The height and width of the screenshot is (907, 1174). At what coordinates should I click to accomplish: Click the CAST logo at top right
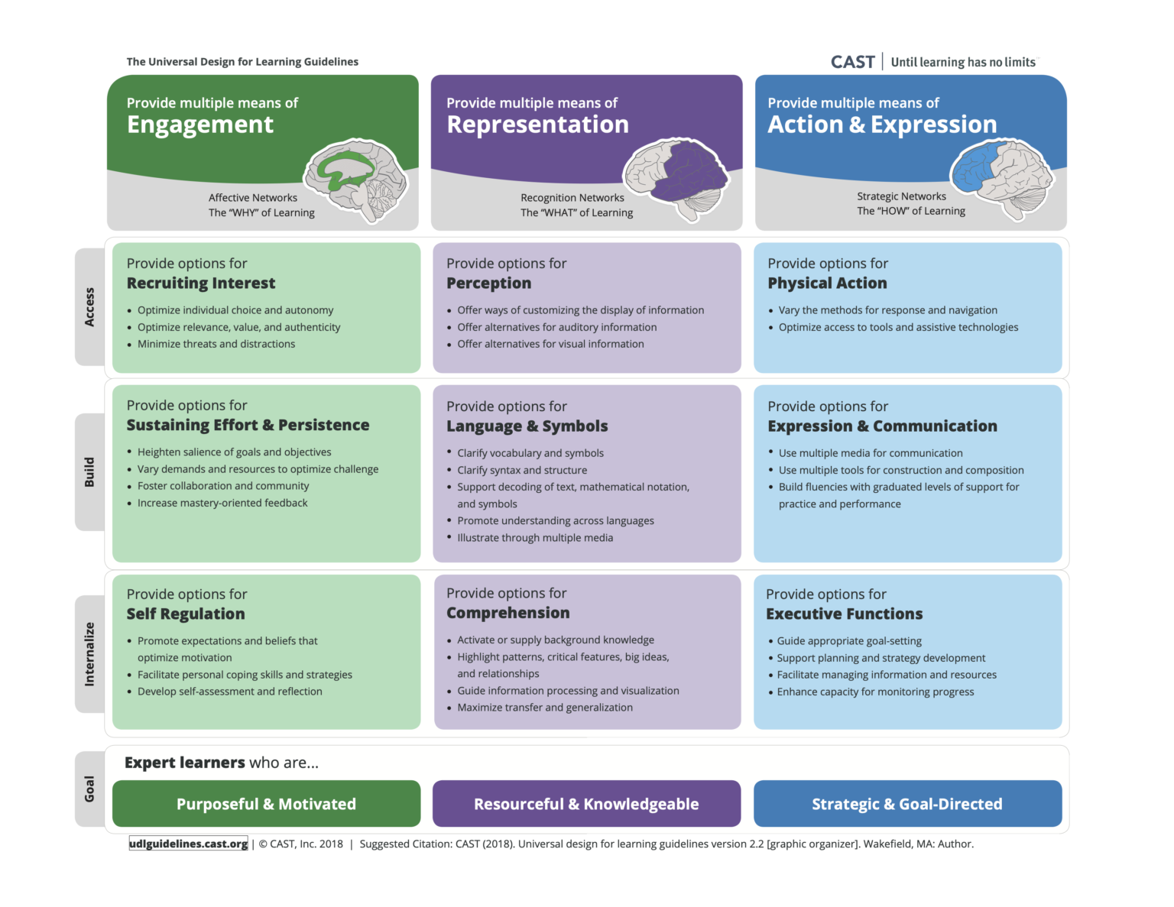(x=852, y=62)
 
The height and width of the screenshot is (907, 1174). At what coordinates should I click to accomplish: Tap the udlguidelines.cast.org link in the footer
(x=188, y=844)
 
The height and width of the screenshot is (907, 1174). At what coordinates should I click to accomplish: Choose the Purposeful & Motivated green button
(x=266, y=804)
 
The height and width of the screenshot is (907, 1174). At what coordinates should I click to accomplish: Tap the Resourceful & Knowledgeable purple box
(x=586, y=804)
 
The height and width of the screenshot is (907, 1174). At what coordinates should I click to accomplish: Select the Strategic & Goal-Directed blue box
(x=907, y=804)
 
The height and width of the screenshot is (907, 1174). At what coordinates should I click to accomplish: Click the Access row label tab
(x=89, y=306)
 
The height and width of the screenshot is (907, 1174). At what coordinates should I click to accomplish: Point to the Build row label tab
(x=89, y=472)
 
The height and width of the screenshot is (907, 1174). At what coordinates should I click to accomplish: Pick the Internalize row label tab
(x=89, y=654)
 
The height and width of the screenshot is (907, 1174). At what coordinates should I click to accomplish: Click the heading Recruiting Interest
(x=201, y=283)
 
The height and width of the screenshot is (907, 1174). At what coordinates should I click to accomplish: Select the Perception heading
(x=488, y=283)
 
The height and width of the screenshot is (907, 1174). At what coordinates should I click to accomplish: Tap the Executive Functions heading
(x=844, y=614)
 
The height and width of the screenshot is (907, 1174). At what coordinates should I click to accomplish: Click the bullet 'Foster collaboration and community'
(x=223, y=486)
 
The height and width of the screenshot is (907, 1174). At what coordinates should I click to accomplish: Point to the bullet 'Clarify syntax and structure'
(x=522, y=470)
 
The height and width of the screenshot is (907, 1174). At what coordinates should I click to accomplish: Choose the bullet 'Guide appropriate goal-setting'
(x=849, y=641)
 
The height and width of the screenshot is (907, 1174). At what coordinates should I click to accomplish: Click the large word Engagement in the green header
(x=199, y=125)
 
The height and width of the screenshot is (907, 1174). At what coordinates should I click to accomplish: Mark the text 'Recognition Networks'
(x=572, y=198)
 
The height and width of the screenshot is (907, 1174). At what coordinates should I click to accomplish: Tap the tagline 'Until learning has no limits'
(x=963, y=63)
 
